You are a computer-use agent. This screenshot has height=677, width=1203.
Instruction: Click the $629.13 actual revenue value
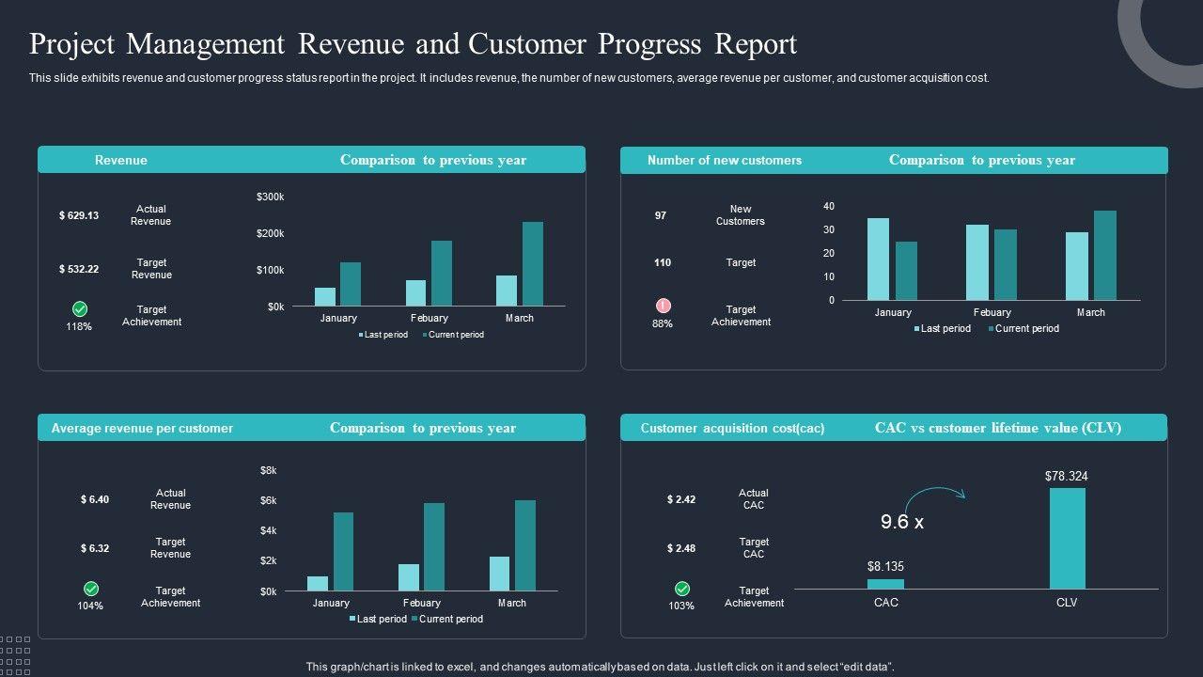click(79, 215)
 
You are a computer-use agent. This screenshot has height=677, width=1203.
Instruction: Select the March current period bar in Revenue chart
click(533, 263)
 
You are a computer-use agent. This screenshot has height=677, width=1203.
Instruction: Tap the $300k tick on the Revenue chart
click(270, 197)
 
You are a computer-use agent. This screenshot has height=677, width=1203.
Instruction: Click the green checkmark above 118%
click(80, 308)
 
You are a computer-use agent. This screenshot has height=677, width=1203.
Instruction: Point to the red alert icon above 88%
click(664, 306)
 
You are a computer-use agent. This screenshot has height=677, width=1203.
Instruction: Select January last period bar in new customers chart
click(878, 259)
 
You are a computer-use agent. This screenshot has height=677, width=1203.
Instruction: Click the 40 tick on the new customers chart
click(829, 206)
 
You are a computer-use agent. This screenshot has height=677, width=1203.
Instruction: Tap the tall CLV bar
click(1067, 538)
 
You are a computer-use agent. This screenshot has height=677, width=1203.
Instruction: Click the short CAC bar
click(885, 584)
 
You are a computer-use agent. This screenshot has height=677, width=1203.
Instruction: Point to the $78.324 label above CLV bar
click(1067, 477)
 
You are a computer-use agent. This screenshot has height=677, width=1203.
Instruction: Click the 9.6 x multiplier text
click(902, 522)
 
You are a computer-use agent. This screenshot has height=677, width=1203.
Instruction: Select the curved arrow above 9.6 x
click(935, 494)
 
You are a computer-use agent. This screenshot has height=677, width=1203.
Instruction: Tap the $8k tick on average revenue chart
click(269, 470)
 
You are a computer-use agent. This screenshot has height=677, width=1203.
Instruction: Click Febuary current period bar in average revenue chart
click(434, 546)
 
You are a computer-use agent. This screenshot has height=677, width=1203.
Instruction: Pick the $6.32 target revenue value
click(95, 548)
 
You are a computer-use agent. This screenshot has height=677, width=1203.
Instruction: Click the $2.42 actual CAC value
click(681, 499)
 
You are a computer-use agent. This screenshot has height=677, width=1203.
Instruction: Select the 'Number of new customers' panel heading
click(725, 160)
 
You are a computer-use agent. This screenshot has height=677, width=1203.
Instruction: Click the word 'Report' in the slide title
click(756, 44)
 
